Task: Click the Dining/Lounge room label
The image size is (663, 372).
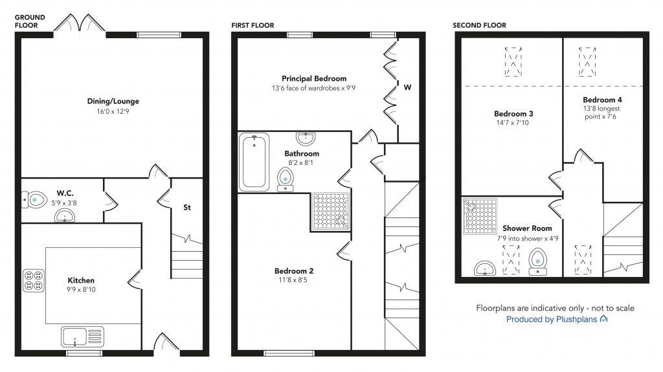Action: (113, 101)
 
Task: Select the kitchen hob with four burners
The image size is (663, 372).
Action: (33, 279)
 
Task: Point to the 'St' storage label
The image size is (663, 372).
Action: (187, 208)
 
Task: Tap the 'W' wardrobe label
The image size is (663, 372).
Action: (407, 87)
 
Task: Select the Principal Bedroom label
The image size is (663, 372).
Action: (313, 78)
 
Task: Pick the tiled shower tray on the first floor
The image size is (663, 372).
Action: (331, 211)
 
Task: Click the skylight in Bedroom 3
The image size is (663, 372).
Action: (513, 61)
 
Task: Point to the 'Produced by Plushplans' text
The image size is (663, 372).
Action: (556, 320)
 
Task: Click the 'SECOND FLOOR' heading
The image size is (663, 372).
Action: (479, 25)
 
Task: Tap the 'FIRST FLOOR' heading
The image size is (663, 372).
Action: (253, 25)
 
